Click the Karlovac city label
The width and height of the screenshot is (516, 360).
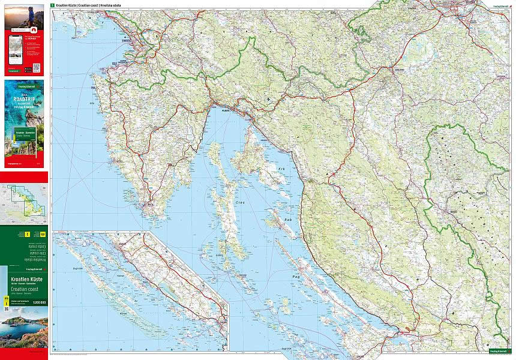(395, 70)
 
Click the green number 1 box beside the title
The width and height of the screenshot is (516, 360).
(53, 5)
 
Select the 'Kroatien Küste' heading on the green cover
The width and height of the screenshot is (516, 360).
(25, 280)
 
